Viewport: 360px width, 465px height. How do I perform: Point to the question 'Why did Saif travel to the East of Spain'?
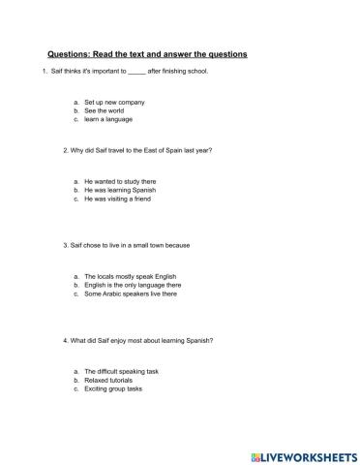click(x=137, y=150)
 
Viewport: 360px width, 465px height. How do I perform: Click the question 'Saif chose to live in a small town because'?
click(x=126, y=245)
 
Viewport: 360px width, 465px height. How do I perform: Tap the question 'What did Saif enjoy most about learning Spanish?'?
click(x=138, y=340)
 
